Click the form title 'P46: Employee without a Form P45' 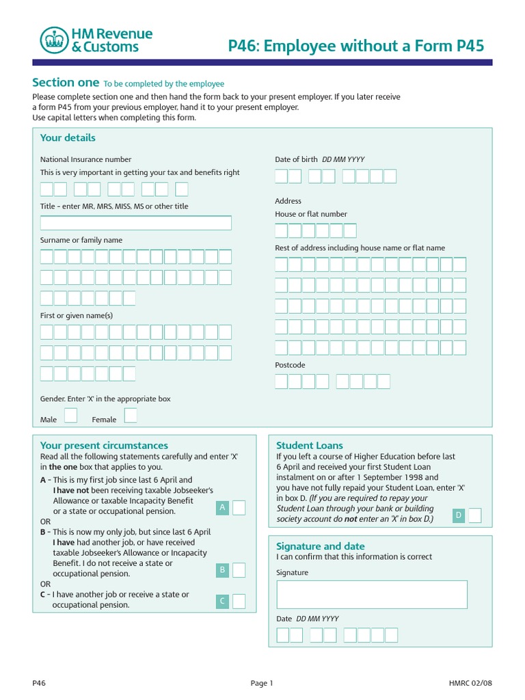[x=355, y=46]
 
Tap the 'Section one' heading [x=66, y=83]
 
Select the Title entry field [x=136, y=223]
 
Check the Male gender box [x=70, y=416]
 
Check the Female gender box [x=131, y=416]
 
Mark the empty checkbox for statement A [x=239, y=507]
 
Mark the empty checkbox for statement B [x=239, y=570]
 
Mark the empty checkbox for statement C [x=239, y=602]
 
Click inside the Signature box [x=372, y=594]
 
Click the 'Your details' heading [x=68, y=138]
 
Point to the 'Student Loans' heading [x=310, y=446]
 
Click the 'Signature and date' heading [x=320, y=546]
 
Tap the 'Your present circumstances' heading [x=104, y=446]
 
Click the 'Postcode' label [x=290, y=365]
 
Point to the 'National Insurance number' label [x=85, y=159]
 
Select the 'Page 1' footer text [x=262, y=683]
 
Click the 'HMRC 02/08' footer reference [x=470, y=683]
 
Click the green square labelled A [x=222, y=507]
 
